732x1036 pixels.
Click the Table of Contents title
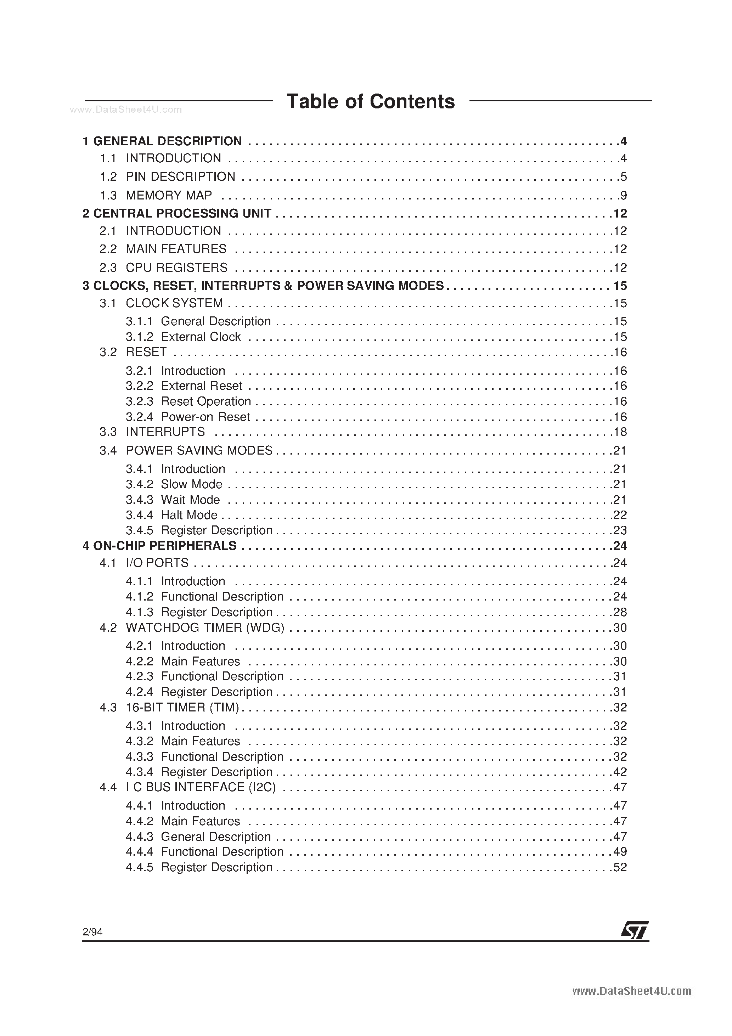[x=371, y=102]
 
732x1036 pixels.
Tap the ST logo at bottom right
[x=635, y=930]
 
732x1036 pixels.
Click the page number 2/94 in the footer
[x=92, y=932]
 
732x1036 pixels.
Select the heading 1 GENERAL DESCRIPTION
[x=163, y=141]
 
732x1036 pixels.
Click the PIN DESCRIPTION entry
[x=180, y=176]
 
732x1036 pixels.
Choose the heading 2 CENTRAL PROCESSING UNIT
[x=177, y=213]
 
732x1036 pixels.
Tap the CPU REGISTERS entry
[x=176, y=268]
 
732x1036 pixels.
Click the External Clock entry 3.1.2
[x=201, y=337]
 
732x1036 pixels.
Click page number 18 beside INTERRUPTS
[x=620, y=432]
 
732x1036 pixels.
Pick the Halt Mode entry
[x=188, y=515]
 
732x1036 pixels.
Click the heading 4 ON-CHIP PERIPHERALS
[x=160, y=546]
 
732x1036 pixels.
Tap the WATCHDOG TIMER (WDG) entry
[x=204, y=627]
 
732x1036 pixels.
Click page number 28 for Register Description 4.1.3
[x=620, y=612]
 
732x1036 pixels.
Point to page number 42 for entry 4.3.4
[x=620, y=772]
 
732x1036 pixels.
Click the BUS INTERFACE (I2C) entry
[x=201, y=787]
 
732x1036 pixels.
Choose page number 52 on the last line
[x=620, y=867]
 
